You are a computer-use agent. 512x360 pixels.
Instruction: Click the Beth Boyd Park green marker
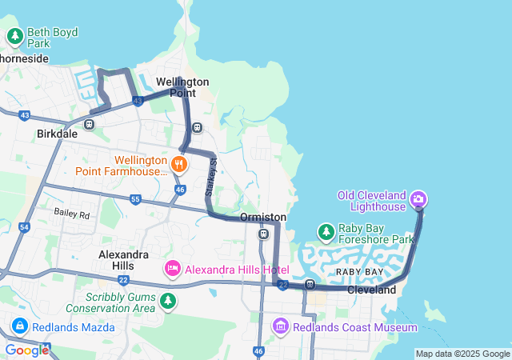point(15,36)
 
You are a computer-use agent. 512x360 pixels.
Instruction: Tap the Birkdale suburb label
point(57,134)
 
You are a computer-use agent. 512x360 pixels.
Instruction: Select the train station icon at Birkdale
point(89,124)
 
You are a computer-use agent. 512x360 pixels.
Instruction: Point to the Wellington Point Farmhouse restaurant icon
point(178,165)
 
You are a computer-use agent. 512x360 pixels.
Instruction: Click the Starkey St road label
point(212,178)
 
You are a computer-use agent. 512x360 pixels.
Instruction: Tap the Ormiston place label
point(262,218)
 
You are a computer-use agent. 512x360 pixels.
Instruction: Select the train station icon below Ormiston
point(263,234)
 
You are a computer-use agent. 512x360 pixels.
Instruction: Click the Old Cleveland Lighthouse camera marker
point(418,198)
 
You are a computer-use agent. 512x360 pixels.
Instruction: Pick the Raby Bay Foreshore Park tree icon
point(326,232)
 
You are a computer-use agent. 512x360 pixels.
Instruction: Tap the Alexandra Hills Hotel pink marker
point(172,269)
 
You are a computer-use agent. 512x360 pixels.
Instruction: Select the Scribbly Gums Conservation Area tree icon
point(167,301)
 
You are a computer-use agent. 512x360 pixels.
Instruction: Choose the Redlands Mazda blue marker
point(20,326)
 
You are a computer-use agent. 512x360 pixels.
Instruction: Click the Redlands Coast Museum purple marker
point(280,326)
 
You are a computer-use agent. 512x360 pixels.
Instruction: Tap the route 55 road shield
point(135,198)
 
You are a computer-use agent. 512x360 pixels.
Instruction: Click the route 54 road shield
point(24,228)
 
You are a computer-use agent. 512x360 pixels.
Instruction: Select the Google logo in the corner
point(26,350)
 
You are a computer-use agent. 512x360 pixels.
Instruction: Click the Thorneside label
point(24,58)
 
